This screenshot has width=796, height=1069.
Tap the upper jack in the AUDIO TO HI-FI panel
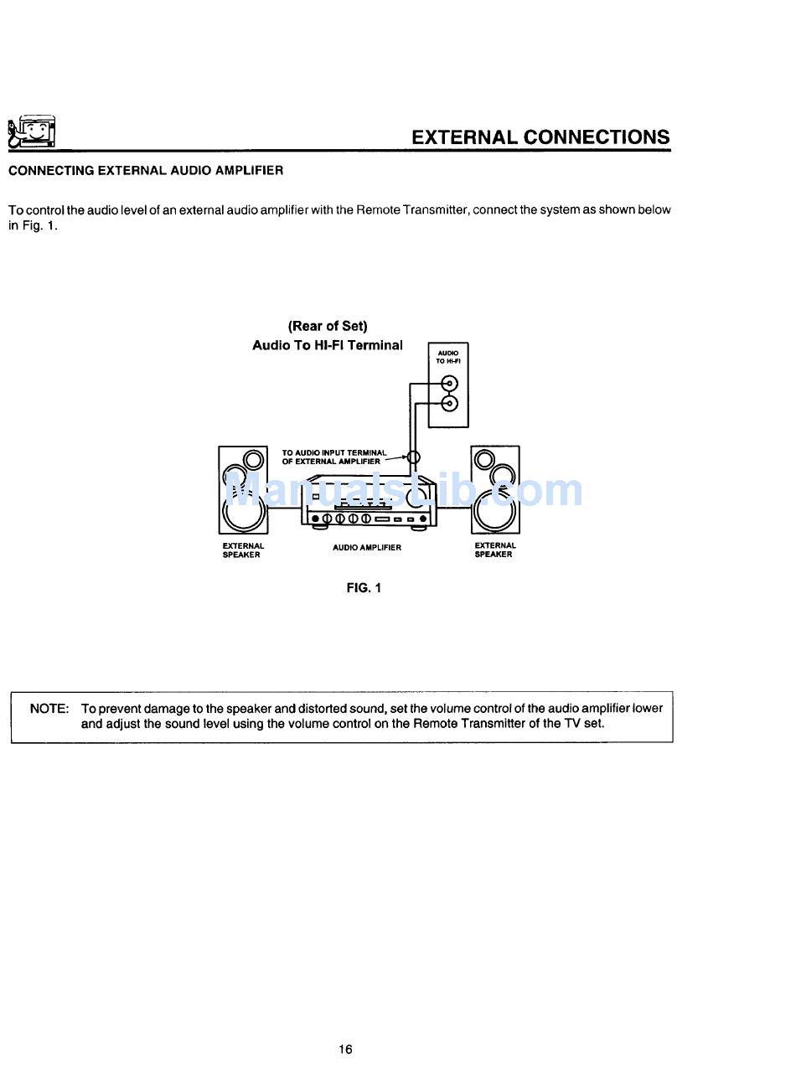click(450, 385)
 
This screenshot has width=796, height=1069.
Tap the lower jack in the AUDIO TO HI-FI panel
click(450, 404)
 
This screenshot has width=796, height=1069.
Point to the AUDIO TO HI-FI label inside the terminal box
click(448, 357)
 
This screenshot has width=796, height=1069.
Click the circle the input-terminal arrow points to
click(412, 457)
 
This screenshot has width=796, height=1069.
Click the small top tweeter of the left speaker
click(252, 459)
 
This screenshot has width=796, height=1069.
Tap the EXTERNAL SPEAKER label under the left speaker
click(242, 550)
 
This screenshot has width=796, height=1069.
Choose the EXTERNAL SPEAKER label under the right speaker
click(494, 550)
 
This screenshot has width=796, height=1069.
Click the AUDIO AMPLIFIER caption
click(366, 548)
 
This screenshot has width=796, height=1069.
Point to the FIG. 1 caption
click(364, 588)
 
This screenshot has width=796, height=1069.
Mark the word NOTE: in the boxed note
click(49, 709)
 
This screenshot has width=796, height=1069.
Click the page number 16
click(346, 1049)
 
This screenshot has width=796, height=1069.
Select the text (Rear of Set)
click(328, 326)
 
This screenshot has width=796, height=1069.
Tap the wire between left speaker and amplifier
click(284, 508)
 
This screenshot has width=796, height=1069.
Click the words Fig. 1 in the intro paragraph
click(32, 226)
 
